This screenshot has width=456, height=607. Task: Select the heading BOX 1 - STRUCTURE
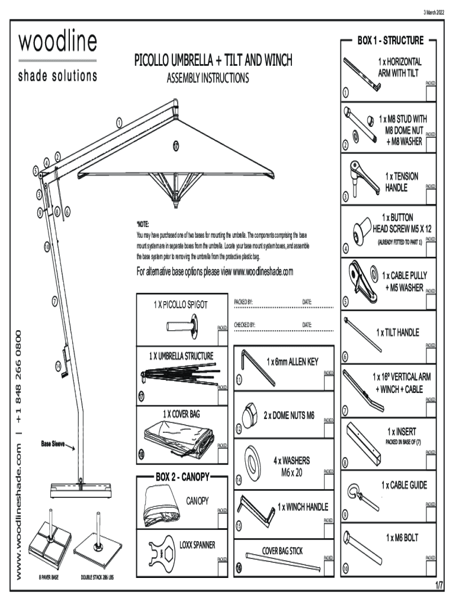pyautogui.click(x=390, y=41)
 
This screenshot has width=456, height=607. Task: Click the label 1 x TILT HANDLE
pyautogui.click(x=397, y=333)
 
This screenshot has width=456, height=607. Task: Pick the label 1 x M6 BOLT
pyautogui.click(x=402, y=538)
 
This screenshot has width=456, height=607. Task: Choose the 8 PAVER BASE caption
pyautogui.click(x=49, y=577)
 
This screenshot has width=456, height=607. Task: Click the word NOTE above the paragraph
pyautogui.click(x=143, y=225)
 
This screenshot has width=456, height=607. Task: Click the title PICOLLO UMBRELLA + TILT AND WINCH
pyautogui.click(x=213, y=61)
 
